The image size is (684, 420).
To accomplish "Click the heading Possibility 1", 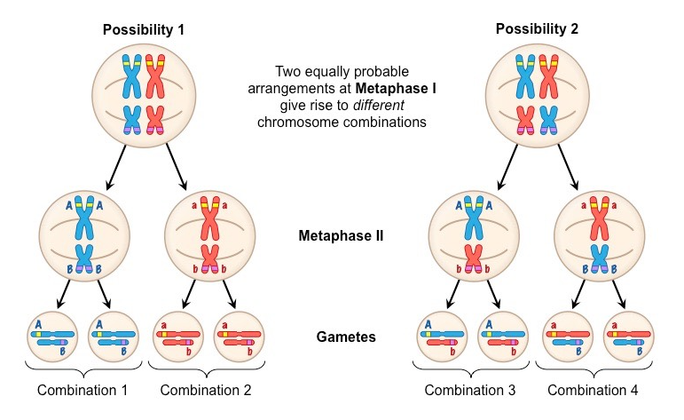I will [x=144, y=29].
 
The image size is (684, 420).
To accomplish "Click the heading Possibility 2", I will [x=537, y=28].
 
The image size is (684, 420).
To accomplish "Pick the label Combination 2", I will [x=207, y=391].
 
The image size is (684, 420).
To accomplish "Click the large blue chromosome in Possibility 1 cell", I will [x=132, y=76].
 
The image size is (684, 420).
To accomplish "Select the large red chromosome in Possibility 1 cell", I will [x=156, y=76].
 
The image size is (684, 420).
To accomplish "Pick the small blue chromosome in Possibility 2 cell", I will [x=549, y=119].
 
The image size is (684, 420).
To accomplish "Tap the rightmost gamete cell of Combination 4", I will [x=628, y=337].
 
